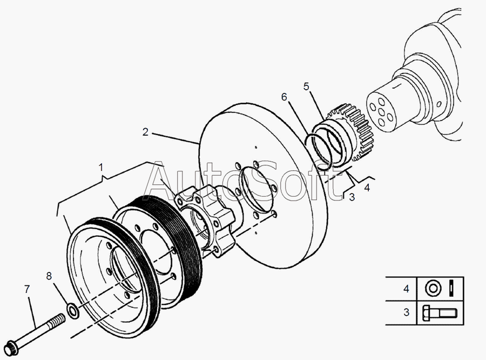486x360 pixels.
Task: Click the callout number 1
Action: point(101,168)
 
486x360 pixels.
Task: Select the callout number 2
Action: point(145,132)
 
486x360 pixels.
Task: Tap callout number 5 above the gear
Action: point(306,86)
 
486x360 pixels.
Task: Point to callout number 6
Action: point(284,97)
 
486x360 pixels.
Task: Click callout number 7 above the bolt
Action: point(27,289)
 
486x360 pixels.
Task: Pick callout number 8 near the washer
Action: point(49,276)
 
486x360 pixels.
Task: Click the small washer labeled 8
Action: point(73,311)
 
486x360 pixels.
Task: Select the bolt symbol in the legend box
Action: point(440,313)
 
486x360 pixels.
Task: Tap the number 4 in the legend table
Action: point(406,289)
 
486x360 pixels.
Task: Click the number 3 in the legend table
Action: point(406,312)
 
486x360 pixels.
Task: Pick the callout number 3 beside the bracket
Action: point(352,197)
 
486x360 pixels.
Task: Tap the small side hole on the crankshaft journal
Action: point(439,104)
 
